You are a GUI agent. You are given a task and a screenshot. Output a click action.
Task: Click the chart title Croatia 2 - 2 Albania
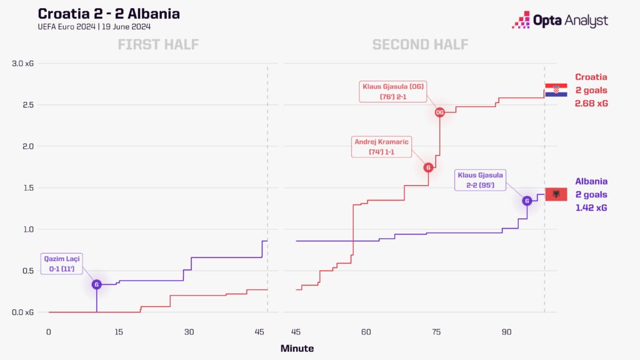pos(109,14)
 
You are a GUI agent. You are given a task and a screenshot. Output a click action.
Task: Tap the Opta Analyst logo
pos(559,20)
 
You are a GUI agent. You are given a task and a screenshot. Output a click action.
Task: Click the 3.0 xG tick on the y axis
pos(22,64)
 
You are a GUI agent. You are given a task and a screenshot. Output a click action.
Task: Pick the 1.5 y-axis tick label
pos(27,188)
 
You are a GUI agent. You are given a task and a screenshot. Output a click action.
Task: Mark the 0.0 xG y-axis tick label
pos(22,312)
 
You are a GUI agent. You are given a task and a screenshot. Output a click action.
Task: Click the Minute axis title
pos(297,348)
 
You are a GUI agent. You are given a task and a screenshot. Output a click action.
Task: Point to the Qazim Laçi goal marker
pos(96,284)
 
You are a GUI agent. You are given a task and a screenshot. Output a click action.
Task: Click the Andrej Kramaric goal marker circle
pos(428,167)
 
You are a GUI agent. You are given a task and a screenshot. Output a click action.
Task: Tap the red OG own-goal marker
pos(439,112)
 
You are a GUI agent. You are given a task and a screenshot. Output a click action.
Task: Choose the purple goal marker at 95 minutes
pos(527,201)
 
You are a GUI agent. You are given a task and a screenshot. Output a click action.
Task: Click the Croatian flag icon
pos(556,90)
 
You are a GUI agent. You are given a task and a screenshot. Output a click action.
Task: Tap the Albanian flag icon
pos(556,194)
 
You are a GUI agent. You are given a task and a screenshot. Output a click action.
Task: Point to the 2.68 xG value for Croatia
pos(591,103)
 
